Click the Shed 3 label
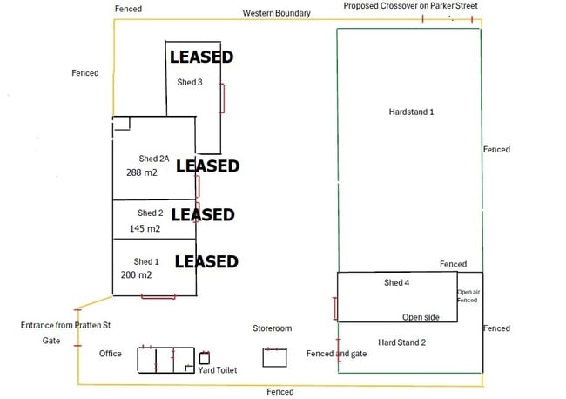click(x=190, y=83)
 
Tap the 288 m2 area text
click(x=142, y=172)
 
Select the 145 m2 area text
click(x=145, y=228)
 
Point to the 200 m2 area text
click(x=136, y=275)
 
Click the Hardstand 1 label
click(x=411, y=112)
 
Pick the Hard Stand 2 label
click(x=401, y=342)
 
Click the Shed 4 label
click(x=396, y=283)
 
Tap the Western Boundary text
click(x=277, y=13)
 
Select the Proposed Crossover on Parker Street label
click(x=410, y=6)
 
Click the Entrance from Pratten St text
click(x=65, y=325)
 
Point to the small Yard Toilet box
click(x=205, y=358)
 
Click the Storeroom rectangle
click(x=274, y=357)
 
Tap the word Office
click(x=111, y=354)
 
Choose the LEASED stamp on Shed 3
click(x=201, y=57)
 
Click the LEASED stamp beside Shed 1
click(x=206, y=261)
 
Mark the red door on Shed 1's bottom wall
click(x=158, y=297)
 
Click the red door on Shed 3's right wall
click(x=222, y=98)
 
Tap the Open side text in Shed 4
click(x=421, y=317)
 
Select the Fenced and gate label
click(x=336, y=354)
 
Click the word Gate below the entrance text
click(x=51, y=341)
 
